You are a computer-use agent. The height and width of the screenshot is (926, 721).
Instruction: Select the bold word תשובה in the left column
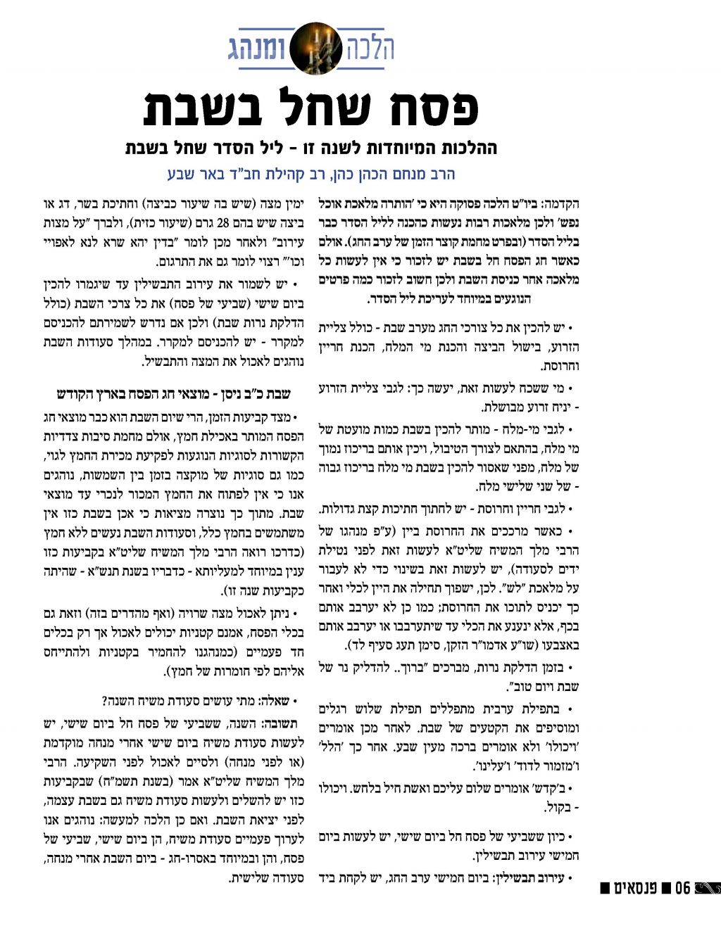click(x=280, y=724)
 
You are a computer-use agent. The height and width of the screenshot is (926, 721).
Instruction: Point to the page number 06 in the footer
click(x=682, y=888)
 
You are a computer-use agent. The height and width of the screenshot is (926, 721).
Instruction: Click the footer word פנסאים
click(x=638, y=888)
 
